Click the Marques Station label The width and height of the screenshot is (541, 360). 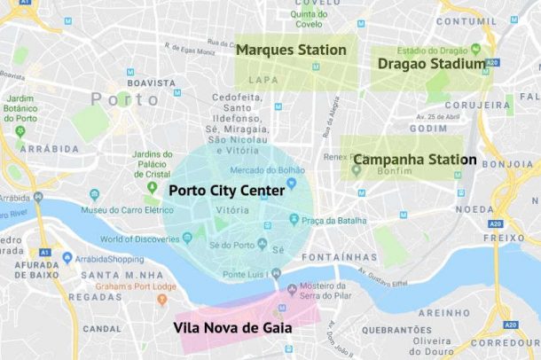click(x=291, y=50)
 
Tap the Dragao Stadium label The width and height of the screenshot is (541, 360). click(x=431, y=64)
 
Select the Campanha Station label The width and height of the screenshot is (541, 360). click(x=414, y=160)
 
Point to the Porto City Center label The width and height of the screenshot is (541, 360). click(x=226, y=190)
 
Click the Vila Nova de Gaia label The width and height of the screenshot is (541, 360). click(x=233, y=327)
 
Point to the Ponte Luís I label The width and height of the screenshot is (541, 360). click(x=247, y=275)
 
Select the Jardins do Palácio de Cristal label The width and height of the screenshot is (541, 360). click(x=158, y=164)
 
